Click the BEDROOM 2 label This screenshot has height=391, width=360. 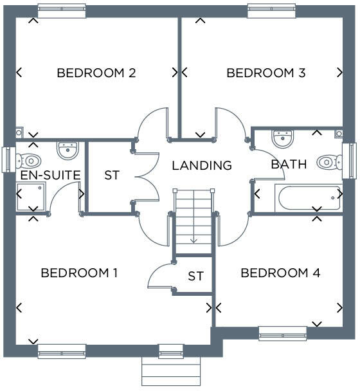[96, 73]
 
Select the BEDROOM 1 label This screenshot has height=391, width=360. [79, 273]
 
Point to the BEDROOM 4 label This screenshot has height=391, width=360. [280, 273]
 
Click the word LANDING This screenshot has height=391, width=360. [201, 165]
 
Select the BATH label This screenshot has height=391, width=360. [289, 165]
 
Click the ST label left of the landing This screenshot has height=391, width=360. [111, 175]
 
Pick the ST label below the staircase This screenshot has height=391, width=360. [195, 276]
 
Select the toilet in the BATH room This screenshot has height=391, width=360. [330, 161]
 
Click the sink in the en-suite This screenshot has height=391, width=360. [67, 150]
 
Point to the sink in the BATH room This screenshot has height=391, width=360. [282, 138]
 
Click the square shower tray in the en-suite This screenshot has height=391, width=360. [32, 195]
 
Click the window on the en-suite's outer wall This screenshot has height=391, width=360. [8, 160]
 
